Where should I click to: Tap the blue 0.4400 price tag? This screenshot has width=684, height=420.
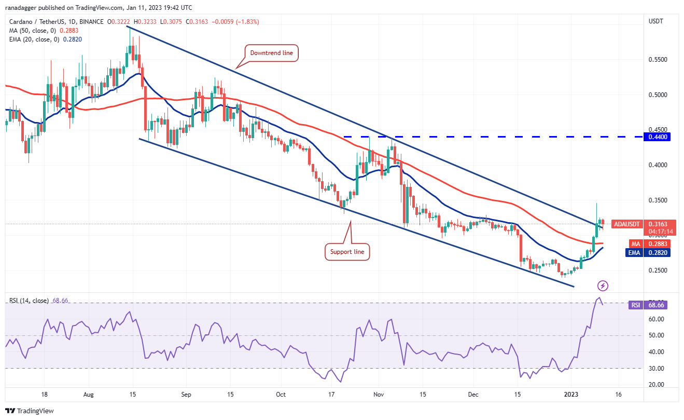[x=656, y=137]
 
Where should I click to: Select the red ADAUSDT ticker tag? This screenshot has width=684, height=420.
[x=627, y=224]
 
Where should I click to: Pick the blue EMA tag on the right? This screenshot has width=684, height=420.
[x=634, y=252]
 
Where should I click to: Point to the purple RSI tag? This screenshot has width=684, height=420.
[x=635, y=305]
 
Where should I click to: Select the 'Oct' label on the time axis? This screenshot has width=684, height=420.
[x=281, y=394]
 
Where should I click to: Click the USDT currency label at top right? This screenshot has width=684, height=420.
[x=656, y=21]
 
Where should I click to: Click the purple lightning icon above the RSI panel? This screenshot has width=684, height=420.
[x=603, y=286]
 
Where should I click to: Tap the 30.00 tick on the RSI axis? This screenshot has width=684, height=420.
[x=656, y=369]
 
